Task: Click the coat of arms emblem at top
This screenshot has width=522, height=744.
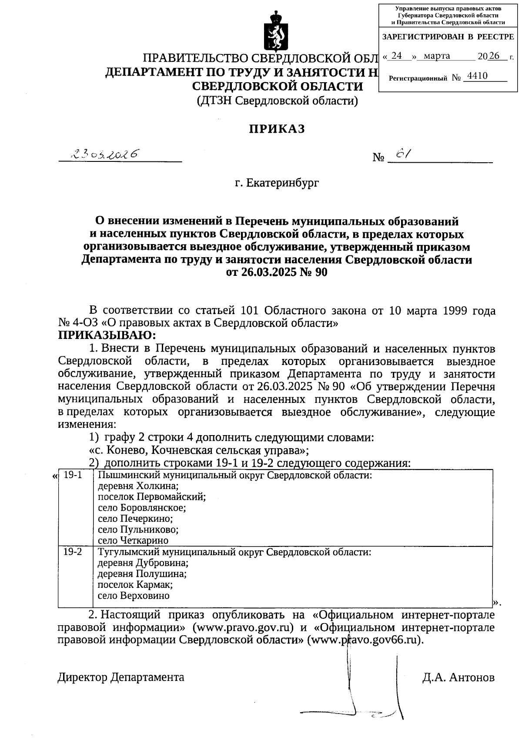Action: (273, 31)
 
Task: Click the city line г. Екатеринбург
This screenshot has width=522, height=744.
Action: (277, 183)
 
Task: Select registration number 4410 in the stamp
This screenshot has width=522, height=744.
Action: (476, 77)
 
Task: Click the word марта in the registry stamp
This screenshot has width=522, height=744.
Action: (437, 56)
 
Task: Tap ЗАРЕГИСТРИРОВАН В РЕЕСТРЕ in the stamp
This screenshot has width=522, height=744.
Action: (448, 37)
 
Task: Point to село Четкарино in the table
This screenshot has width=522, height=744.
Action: (133, 540)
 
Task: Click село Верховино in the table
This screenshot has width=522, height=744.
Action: (134, 596)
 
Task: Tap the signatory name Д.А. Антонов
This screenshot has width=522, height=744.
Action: (458, 677)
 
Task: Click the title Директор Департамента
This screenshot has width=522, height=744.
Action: (121, 677)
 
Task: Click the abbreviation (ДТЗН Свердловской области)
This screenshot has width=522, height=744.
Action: (277, 101)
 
